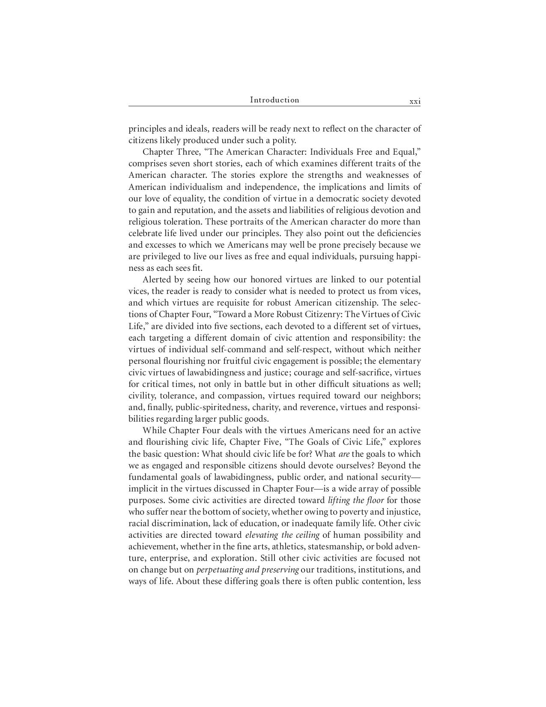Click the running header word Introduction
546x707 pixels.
pos(274,100)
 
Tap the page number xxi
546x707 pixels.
pos(415,102)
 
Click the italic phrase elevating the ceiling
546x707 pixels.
pos(282,535)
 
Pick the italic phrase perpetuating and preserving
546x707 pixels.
pos(248,570)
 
